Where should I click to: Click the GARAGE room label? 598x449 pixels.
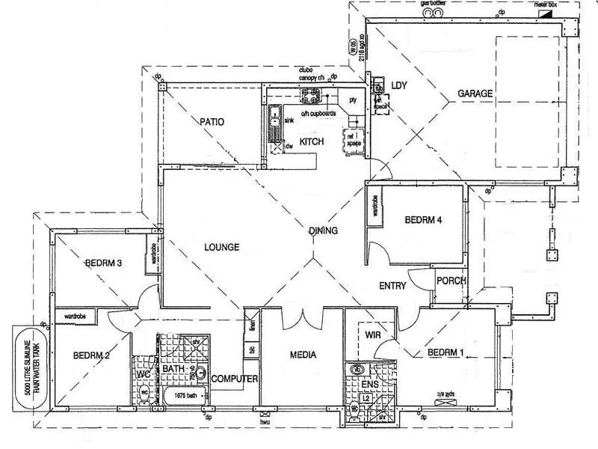coord(475,94)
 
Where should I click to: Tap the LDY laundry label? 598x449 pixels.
coord(399,86)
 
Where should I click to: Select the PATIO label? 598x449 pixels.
coord(212,122)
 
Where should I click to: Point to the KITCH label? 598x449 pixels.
coord(312,141)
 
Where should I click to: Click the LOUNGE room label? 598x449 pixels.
coord(221,247)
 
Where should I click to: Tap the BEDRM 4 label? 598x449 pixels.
coord(425,220)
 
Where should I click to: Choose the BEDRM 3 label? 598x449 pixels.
coord(103,263)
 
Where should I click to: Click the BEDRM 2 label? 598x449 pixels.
coord(92,355)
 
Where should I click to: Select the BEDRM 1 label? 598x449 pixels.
coord(446,352)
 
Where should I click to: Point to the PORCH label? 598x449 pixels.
coord(451,281)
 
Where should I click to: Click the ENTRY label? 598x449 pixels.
coord(392,285)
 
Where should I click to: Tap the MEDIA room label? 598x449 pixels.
coord(302,355)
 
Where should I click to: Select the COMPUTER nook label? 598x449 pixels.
coord(234,379)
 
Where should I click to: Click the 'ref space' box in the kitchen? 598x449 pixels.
coord(351,141)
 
